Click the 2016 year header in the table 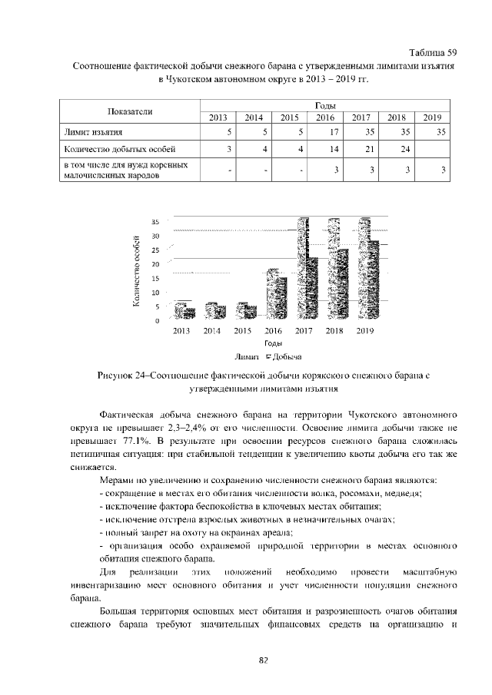[x=324, y=117]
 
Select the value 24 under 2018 [x=401, y=149]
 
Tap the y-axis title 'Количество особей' [x=136, y=272]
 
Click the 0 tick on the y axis [x=156, y=320]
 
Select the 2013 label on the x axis [x=181, y=332]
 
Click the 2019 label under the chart [x=364, y=332]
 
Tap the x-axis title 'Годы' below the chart [x=272, y=343]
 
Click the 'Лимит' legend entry [x=248, y=356]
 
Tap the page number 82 [x=262, y=660]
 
